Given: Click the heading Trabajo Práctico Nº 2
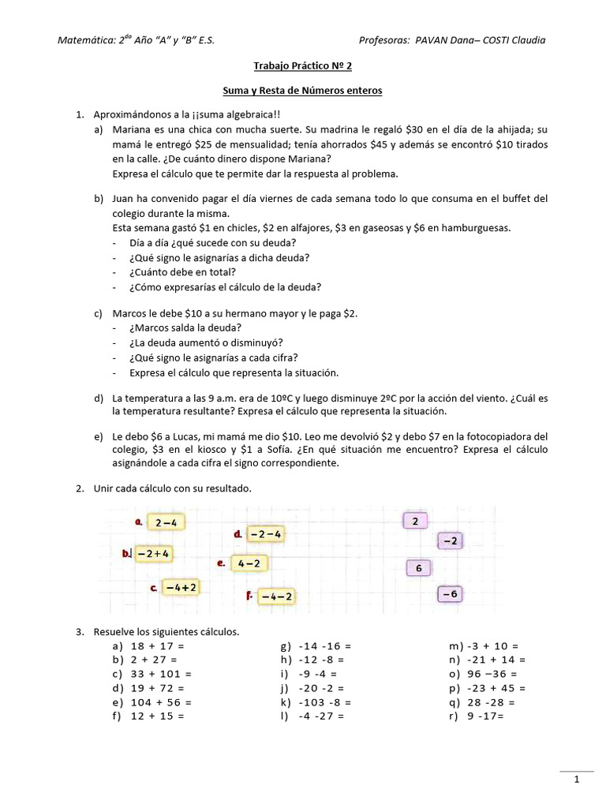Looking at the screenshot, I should [x=302, y=67].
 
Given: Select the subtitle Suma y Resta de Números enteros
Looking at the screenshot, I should [x=302, y=91].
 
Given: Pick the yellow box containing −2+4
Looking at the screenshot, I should [x=153, y=554].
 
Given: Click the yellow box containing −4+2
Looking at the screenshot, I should [x=181, y=587].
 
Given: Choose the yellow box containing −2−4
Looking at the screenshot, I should [x=266, y=534].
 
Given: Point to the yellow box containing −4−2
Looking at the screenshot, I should [x=276, y=597].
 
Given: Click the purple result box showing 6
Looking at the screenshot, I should [x=418, y=568].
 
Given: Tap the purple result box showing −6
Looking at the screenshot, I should [x=450, y=593].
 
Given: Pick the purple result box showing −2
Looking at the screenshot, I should [x=450, y=541].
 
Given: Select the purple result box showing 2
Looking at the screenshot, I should [x=415, y=521].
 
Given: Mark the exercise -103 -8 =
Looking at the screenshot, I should [x=316, y=702].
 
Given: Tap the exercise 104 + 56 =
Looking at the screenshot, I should [x=151, y=702].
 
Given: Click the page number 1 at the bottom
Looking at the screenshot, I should [x=577, y=780].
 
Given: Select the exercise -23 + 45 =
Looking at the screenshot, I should [x=487, y=688].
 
